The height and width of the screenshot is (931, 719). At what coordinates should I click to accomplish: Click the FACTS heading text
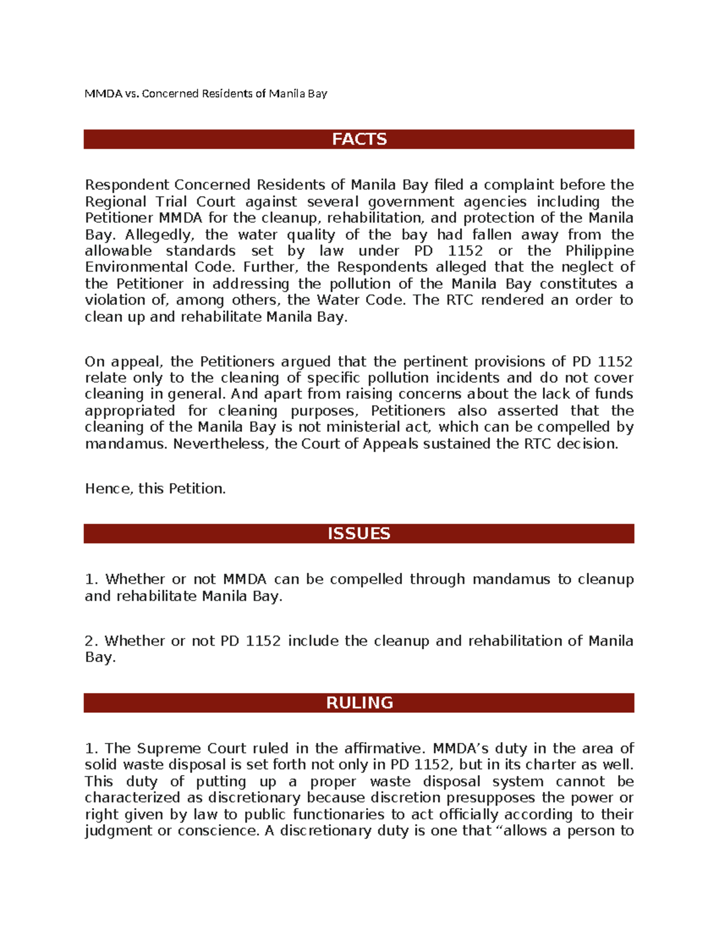click(x=359, y=139)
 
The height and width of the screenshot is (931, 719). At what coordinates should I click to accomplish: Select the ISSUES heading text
click(x=359, y=534)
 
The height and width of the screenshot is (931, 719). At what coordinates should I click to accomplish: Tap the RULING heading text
click(x=359, y=703)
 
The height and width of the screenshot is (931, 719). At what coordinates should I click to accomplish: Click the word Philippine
click(x=599, y=251)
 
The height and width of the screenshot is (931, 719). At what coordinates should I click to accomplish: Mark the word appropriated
click(x=129, y=411)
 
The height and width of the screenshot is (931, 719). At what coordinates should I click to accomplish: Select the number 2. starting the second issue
click(x=90, y=641)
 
